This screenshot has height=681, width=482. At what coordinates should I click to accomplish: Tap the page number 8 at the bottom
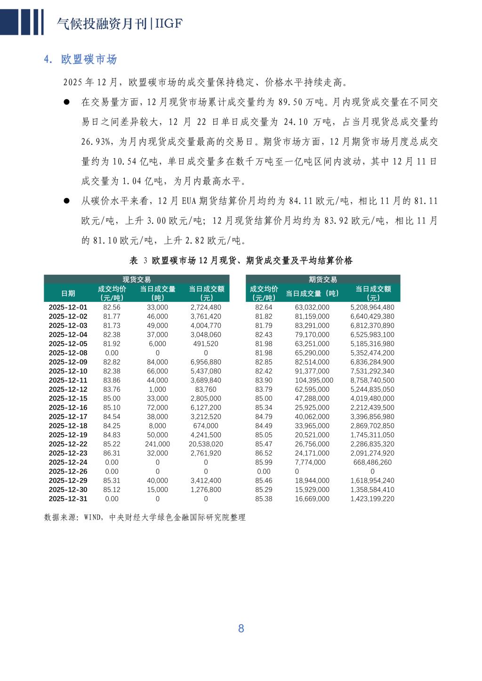point(241,628)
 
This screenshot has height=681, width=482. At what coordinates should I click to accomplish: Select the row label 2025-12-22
point(68,444)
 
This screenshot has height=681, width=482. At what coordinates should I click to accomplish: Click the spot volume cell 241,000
point(157,444)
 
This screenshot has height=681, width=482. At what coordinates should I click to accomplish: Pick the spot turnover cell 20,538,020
point(206,444)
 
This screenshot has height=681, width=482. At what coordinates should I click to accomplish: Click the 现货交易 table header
point(137,279)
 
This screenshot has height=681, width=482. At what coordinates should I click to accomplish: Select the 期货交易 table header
point(323,279)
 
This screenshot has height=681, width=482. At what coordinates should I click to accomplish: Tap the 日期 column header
point(68,293)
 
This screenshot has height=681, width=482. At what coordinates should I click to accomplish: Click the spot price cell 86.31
point(112,453)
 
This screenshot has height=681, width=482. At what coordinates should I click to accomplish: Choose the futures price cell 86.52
point(264,453)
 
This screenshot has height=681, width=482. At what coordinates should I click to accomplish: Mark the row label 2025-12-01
point(68,307)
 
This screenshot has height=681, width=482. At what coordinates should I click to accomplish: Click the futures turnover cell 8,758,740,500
point(372,380)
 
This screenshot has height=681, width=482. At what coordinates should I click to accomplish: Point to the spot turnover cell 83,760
point(206,389)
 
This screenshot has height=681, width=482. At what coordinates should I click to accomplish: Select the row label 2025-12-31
point(68,499)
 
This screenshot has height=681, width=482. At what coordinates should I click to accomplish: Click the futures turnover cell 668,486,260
point(372,462)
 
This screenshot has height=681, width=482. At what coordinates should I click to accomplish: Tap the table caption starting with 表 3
point(241,261)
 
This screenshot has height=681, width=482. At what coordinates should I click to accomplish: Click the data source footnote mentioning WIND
point(145,517)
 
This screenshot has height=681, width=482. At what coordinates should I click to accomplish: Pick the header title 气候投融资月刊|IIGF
point(119,24)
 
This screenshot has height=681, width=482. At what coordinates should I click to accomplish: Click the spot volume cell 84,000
point(157,362)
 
